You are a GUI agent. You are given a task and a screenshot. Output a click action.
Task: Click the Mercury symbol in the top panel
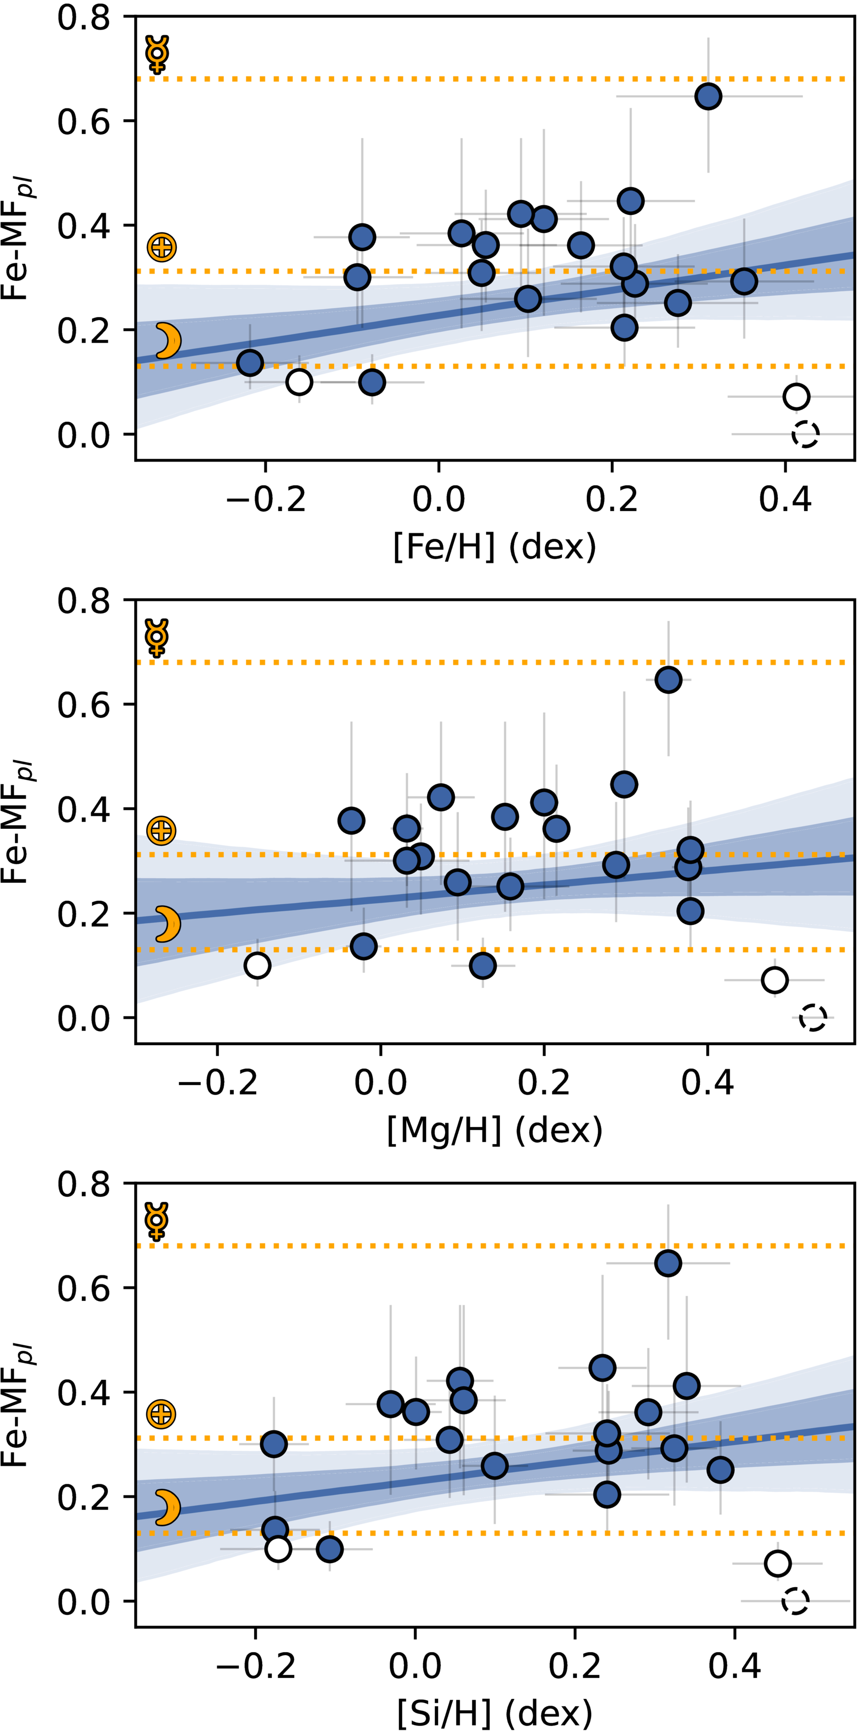[157, 54]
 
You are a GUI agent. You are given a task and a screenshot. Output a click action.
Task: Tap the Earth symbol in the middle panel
[161, 831]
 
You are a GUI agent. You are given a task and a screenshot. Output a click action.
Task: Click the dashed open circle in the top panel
[805, 434]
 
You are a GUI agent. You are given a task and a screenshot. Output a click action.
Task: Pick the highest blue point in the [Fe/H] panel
[708, 96]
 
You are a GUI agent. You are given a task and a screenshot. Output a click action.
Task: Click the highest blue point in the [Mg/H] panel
[668, 679]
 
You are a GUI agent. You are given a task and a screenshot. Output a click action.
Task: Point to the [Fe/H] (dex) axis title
[494, 547]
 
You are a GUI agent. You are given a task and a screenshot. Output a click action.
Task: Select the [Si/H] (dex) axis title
[494, 1713]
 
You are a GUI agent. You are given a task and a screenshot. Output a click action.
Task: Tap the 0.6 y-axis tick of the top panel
[83, 121]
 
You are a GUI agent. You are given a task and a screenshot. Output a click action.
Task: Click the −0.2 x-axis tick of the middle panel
[217, 1083]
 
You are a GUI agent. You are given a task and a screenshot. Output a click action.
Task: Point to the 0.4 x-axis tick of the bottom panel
[734, 1665]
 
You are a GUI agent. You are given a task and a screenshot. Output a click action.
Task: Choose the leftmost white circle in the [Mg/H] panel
[257, 966]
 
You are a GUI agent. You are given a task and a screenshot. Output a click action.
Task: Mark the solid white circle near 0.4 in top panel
[796, 397]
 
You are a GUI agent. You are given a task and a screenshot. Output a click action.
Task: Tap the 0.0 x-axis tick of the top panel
[438, 499]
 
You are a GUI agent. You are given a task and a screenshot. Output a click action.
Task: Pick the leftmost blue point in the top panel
[250, 363]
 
